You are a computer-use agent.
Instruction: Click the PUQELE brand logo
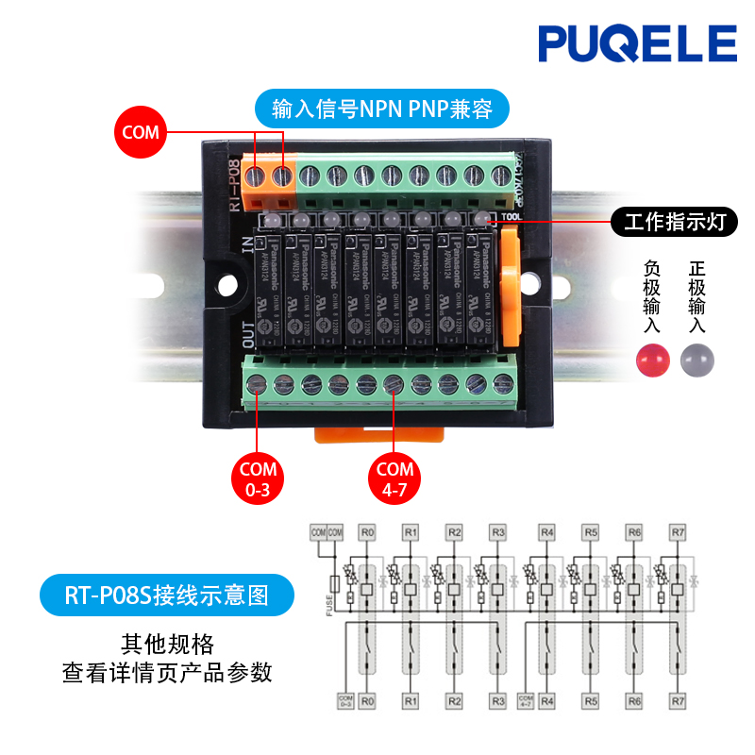pyautogui.click(x=637, y=44)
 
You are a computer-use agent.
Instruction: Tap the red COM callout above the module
pyautogui.click(x=141, y=133)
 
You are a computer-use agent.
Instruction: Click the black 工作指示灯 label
pyautogui.click(x=674, y=223)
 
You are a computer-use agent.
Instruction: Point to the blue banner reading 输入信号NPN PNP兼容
pyautogui.click(x=381, y=109)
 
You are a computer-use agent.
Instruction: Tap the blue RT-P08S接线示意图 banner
pyautogui.click(x=166, y=596)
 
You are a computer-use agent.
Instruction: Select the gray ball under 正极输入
pyautogui.click(x=698, y=359)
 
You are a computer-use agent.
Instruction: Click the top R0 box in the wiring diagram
pyautogui.click(x=368, y=533)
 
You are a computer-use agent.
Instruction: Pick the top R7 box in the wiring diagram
pyautogui.click(x=678, y=533)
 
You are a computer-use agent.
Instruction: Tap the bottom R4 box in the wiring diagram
pyautogui.click(x=546, y=701)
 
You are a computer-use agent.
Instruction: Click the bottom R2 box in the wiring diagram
pyautogui.click(x=455, y=701)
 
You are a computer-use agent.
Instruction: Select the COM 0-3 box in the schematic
pyautogui.click(x=344, y=700)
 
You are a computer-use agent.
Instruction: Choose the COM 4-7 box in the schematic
pyautogui.click(x=526, y=700)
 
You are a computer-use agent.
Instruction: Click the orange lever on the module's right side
pyautogui.click(x=510, y=293)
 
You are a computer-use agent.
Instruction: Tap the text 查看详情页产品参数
pyautogui.click(x=167, y=673)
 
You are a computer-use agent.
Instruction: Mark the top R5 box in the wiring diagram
pyautogui.click(x=590, y=533)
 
